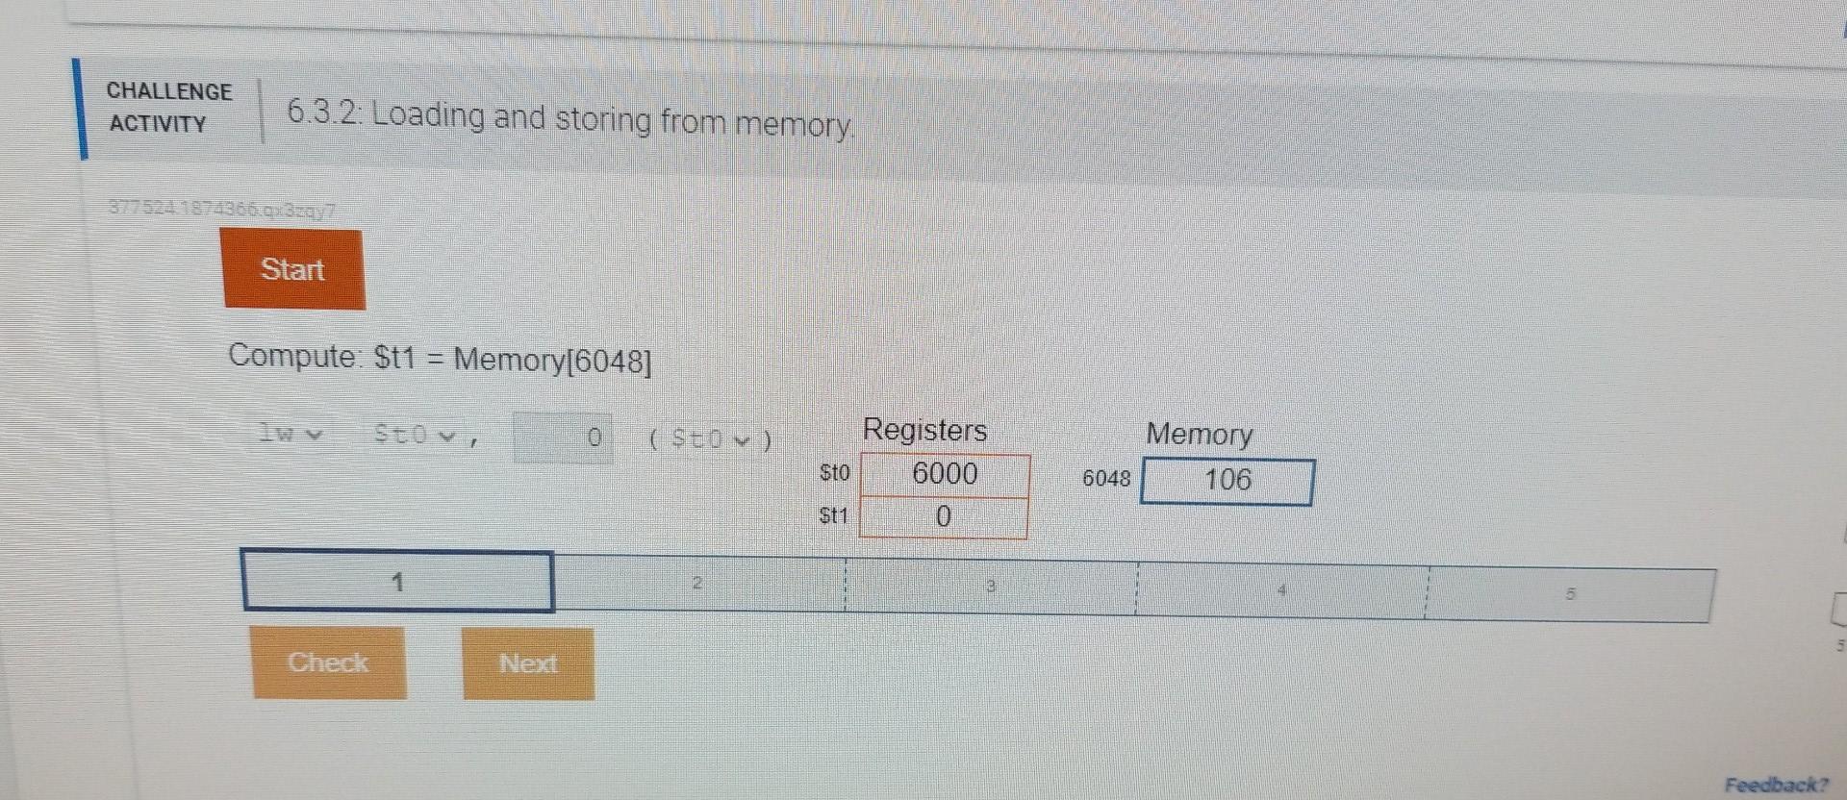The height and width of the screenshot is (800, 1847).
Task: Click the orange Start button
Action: [293, 269]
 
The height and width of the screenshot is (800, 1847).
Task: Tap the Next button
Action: [528, 663]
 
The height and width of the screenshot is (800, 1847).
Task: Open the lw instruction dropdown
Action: [289, 434]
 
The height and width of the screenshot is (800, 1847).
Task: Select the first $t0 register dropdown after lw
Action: [415, 436]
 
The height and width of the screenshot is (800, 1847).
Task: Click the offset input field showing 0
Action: [563, 438]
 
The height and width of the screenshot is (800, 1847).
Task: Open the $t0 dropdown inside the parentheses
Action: [710, 440]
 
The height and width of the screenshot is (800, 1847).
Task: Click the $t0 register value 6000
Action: [945, 474]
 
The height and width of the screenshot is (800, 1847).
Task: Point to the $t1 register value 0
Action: [943, 517]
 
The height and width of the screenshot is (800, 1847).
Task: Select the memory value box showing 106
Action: [1227, 481]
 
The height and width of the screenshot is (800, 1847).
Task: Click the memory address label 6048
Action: [1106, 479]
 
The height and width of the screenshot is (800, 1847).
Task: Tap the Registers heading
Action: [924, 430]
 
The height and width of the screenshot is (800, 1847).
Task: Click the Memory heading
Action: [1199, 435]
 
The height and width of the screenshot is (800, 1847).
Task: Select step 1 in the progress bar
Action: [397, 582]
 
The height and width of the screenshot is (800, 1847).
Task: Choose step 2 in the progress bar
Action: [698, 584]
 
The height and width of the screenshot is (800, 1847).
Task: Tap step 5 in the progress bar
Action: [1570, 594]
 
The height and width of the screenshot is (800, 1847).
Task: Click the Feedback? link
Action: [1776, 785]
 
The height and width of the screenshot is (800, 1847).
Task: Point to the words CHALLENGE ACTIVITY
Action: [169, 107]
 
